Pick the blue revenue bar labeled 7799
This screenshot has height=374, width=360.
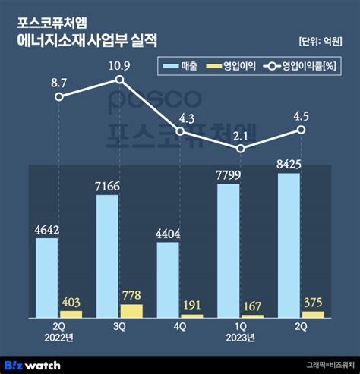click(x=229, y=250)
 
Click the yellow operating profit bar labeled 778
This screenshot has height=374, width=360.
click(x=131, y=310)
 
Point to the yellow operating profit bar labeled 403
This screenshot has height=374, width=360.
click(x=71, y=313)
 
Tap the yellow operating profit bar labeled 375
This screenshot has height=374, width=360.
click(x=313, y=313)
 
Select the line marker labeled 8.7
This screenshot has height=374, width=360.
click(x=59, y=96)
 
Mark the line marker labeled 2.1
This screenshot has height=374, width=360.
click(x=241, y=149)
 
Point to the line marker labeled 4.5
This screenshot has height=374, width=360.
click(x=301, y=130)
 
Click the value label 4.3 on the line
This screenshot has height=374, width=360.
click(x=180, y=118)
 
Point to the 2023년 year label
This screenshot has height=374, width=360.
click(x=241, y=339)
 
